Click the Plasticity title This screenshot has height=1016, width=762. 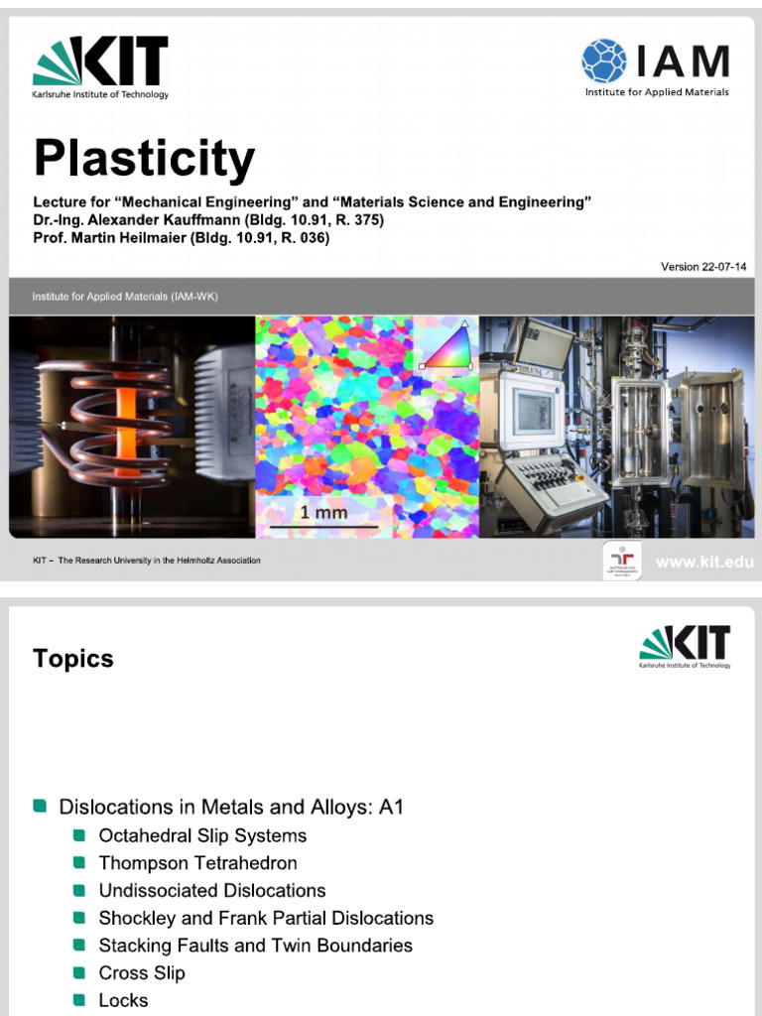tap(145, 159)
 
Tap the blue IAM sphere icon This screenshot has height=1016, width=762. tap(603, 61)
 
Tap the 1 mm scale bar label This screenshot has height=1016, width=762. tap(323, 513)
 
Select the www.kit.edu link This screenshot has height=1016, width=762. tap(703, 563)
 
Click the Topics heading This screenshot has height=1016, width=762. tap(73, 659)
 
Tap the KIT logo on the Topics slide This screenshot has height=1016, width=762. tap(686, 646)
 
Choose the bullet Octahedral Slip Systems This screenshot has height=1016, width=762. tap(202, 835)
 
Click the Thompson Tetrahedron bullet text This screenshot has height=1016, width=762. tap(197, 863)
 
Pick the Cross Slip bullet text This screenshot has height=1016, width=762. tap(142, 972)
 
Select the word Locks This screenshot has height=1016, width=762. tap(123, 1000)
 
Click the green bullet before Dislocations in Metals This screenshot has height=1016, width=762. tap(40, 807)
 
